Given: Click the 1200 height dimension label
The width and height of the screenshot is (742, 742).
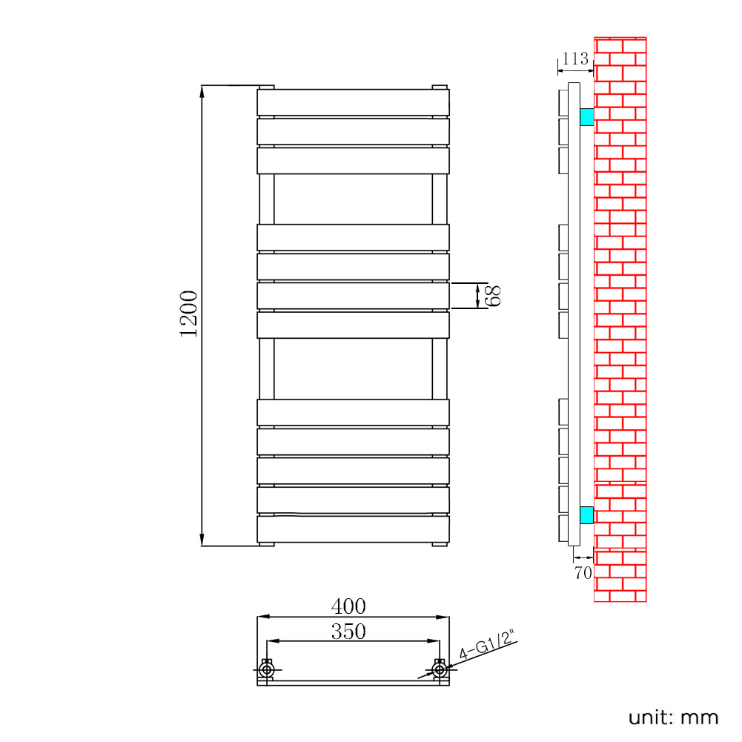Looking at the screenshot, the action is click(188, 314).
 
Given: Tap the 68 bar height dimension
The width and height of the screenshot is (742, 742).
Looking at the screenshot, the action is click(493, 296).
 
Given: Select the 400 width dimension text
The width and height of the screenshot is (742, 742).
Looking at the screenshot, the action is click(348, 606).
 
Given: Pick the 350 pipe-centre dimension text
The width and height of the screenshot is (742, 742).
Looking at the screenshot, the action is click(348, 632).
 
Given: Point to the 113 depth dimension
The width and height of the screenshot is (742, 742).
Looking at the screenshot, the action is click(575, 59).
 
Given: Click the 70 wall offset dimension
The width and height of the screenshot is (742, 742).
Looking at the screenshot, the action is click(583, 572).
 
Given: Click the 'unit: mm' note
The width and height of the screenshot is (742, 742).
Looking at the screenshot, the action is click(673, 718).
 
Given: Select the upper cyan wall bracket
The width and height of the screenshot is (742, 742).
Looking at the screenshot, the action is click(587, 117).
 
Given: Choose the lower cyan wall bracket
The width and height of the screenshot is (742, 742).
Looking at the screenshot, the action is click(587, 515).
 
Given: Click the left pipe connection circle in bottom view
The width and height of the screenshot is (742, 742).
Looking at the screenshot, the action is click(266, 669).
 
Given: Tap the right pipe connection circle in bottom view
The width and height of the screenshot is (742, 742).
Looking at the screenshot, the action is click(440, 669).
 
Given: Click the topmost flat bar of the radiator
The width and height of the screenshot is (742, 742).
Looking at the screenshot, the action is click(353, 102).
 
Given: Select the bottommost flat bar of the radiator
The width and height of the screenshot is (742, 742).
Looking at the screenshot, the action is click(353, 529).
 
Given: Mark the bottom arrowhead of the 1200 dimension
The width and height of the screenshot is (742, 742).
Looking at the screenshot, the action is click(202, 540).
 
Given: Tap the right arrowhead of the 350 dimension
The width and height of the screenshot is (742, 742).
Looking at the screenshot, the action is click(434, 641).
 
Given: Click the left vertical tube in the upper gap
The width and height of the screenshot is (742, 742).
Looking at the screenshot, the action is click(266, 199).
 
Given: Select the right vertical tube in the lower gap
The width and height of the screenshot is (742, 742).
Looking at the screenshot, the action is click(440, 368).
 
